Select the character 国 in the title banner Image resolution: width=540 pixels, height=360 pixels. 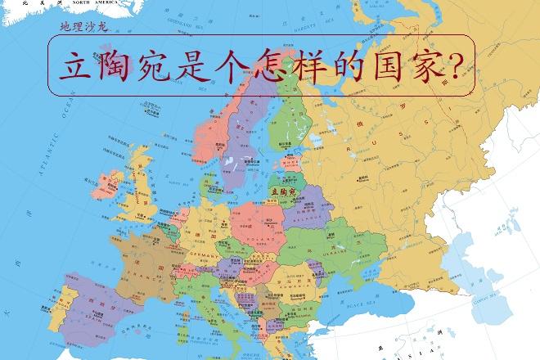(385, 62)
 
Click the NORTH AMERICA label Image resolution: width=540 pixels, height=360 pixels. (95, 3)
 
